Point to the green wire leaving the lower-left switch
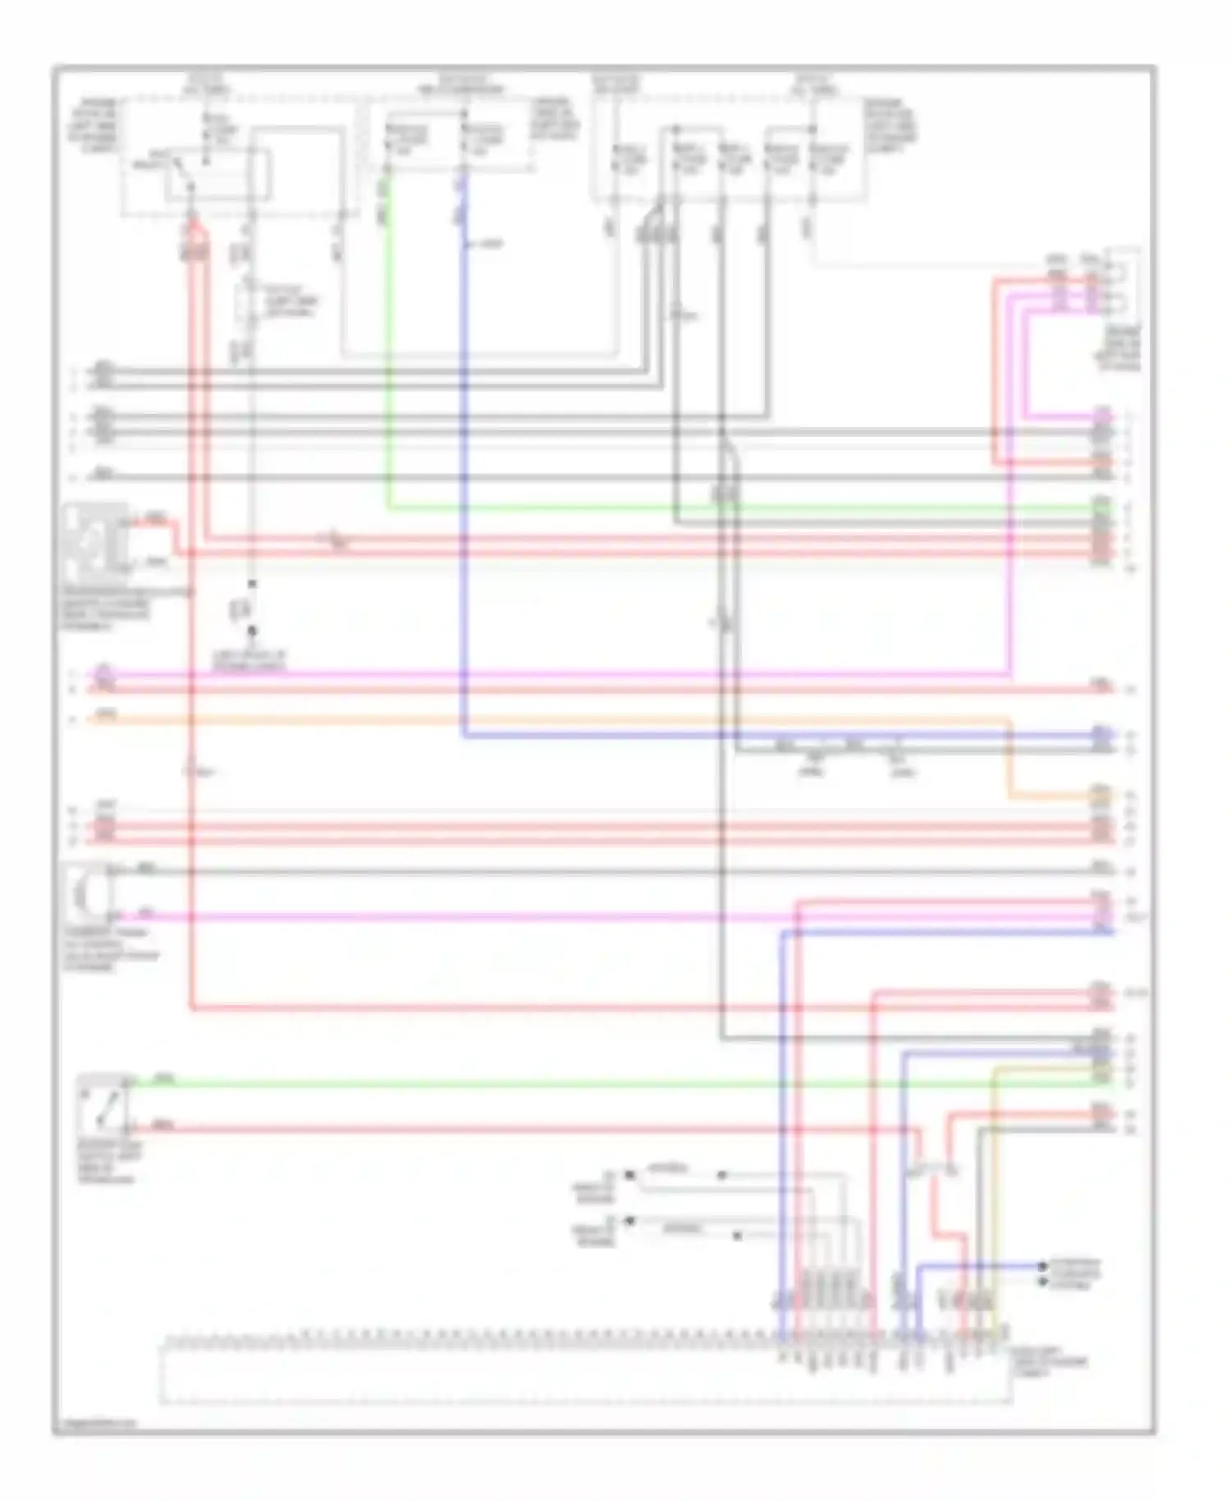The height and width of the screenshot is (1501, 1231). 574,1085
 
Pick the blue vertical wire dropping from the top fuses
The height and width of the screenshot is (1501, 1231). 464,493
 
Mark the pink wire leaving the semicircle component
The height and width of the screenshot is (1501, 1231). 492,916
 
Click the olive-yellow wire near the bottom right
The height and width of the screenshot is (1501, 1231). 994,1191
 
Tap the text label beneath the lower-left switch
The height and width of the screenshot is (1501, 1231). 108,1163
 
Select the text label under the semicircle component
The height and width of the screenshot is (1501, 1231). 111,951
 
